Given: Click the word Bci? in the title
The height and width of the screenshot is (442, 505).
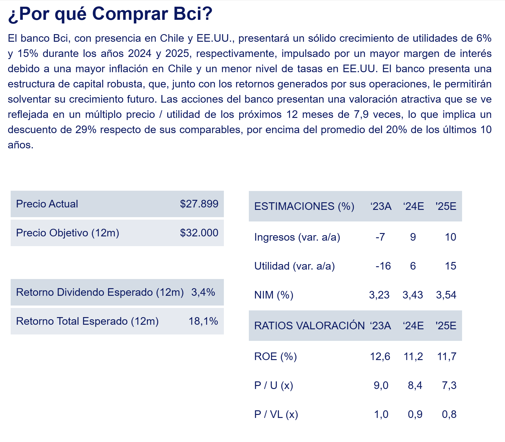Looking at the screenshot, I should pos(193,14).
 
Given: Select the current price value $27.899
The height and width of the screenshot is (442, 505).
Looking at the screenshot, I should pos(199,204).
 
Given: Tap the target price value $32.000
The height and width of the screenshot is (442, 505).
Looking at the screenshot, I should pos(199,233).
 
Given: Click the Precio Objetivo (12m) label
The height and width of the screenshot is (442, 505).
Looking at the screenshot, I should pos(68,233).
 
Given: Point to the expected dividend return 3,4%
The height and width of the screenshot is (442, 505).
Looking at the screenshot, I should pos(203,292).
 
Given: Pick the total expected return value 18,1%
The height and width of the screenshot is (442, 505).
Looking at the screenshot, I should pos(203,321).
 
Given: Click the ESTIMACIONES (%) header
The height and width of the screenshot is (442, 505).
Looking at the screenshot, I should pos(304,206).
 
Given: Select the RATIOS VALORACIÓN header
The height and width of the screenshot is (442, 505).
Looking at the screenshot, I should pos(309,326).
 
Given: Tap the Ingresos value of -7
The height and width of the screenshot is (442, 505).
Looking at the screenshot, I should pos(380,237).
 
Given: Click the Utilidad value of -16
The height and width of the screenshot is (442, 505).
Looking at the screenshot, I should pos(383,266).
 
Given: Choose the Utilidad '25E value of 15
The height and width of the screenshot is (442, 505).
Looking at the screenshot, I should pos(450,266).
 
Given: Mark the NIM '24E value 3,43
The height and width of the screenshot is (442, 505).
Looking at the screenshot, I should pos(413,295).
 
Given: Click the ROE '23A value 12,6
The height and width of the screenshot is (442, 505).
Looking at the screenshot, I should pos(380,356).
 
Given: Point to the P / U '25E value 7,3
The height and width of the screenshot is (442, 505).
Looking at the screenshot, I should pos(449,385).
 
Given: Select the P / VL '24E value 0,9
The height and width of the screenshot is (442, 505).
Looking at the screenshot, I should pos(415,414).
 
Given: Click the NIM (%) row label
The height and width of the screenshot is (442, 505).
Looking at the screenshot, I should pos(274,295).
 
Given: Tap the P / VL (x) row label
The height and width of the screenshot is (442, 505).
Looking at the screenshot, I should pos(276,414).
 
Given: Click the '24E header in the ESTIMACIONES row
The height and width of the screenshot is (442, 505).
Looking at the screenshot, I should pos(413,206).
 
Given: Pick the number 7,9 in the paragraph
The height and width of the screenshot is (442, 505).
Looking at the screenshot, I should pos(361,115).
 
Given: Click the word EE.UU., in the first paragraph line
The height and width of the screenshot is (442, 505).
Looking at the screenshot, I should pos(215,38).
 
